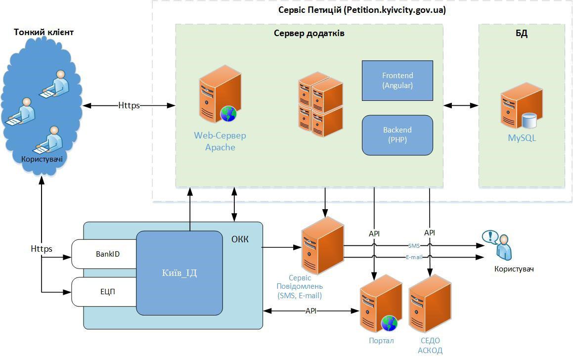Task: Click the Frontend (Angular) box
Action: (x=397, y=80)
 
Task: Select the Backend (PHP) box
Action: (x=397, y=135)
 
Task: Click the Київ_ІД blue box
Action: (x=179, y=273)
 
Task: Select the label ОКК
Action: (x=240, y=240)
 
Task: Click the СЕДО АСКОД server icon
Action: (x=430, y=304)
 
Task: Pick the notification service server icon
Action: (x=322, y=247)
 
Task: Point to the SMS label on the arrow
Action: (x=414, y=245)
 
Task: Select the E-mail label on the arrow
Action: (x=414, y=257)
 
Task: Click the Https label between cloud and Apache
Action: (x=129, y=105)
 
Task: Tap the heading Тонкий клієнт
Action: (x=44, y=32)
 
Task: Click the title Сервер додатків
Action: (x=309, y=33)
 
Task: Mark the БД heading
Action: (x=521, y=34)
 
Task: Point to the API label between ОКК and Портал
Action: (x=310, y=311)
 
